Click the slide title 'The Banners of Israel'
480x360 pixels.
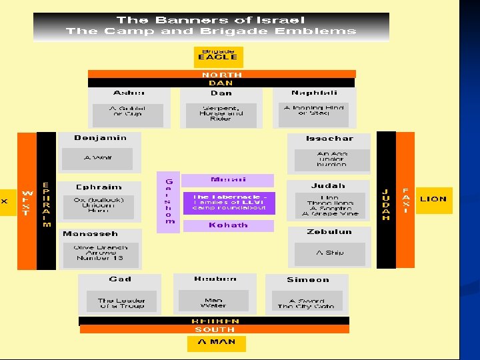click(211, 20)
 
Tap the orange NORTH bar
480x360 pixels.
click(221, 74)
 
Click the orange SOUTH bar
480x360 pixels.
click(215, 329)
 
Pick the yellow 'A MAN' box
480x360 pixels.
click(216, 343)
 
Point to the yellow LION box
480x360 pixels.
click(433, 199)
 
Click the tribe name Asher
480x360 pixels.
click(129, 93)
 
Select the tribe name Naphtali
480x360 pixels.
click(314, 93)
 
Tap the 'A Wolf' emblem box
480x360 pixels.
click(97, 159)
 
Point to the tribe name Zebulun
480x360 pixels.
click(329, 232)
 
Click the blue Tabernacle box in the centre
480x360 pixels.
click(229, 203)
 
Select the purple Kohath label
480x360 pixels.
click(228, 225)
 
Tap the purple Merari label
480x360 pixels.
click(228, 180)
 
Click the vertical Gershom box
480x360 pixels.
click(169, 201)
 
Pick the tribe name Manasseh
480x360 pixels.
click(90, 234)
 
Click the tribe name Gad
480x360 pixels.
click(120, 279)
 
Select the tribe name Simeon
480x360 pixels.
click(307, 280)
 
